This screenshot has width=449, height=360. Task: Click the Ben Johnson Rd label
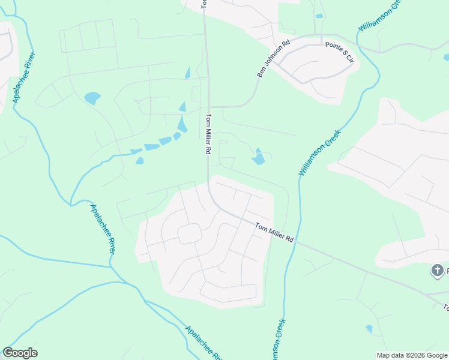point(274,59)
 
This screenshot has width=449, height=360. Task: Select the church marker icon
point(437,271)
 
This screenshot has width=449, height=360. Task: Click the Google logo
point(20,353)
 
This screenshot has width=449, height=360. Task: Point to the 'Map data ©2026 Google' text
point(412,355)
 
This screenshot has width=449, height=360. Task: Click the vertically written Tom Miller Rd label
point(209,135)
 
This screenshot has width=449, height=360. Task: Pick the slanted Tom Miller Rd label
point(274,232)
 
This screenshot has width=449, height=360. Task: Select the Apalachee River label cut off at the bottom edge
point(204,343)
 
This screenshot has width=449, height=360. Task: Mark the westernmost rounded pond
point(92,98)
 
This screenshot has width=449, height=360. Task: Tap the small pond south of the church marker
point(369,329)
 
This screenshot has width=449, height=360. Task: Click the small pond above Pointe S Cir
point(319,16)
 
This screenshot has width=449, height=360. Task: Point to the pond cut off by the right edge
point(446,58)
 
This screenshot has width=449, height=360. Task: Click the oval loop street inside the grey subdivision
point(189,234)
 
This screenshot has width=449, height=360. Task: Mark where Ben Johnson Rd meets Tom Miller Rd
point(209,107)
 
